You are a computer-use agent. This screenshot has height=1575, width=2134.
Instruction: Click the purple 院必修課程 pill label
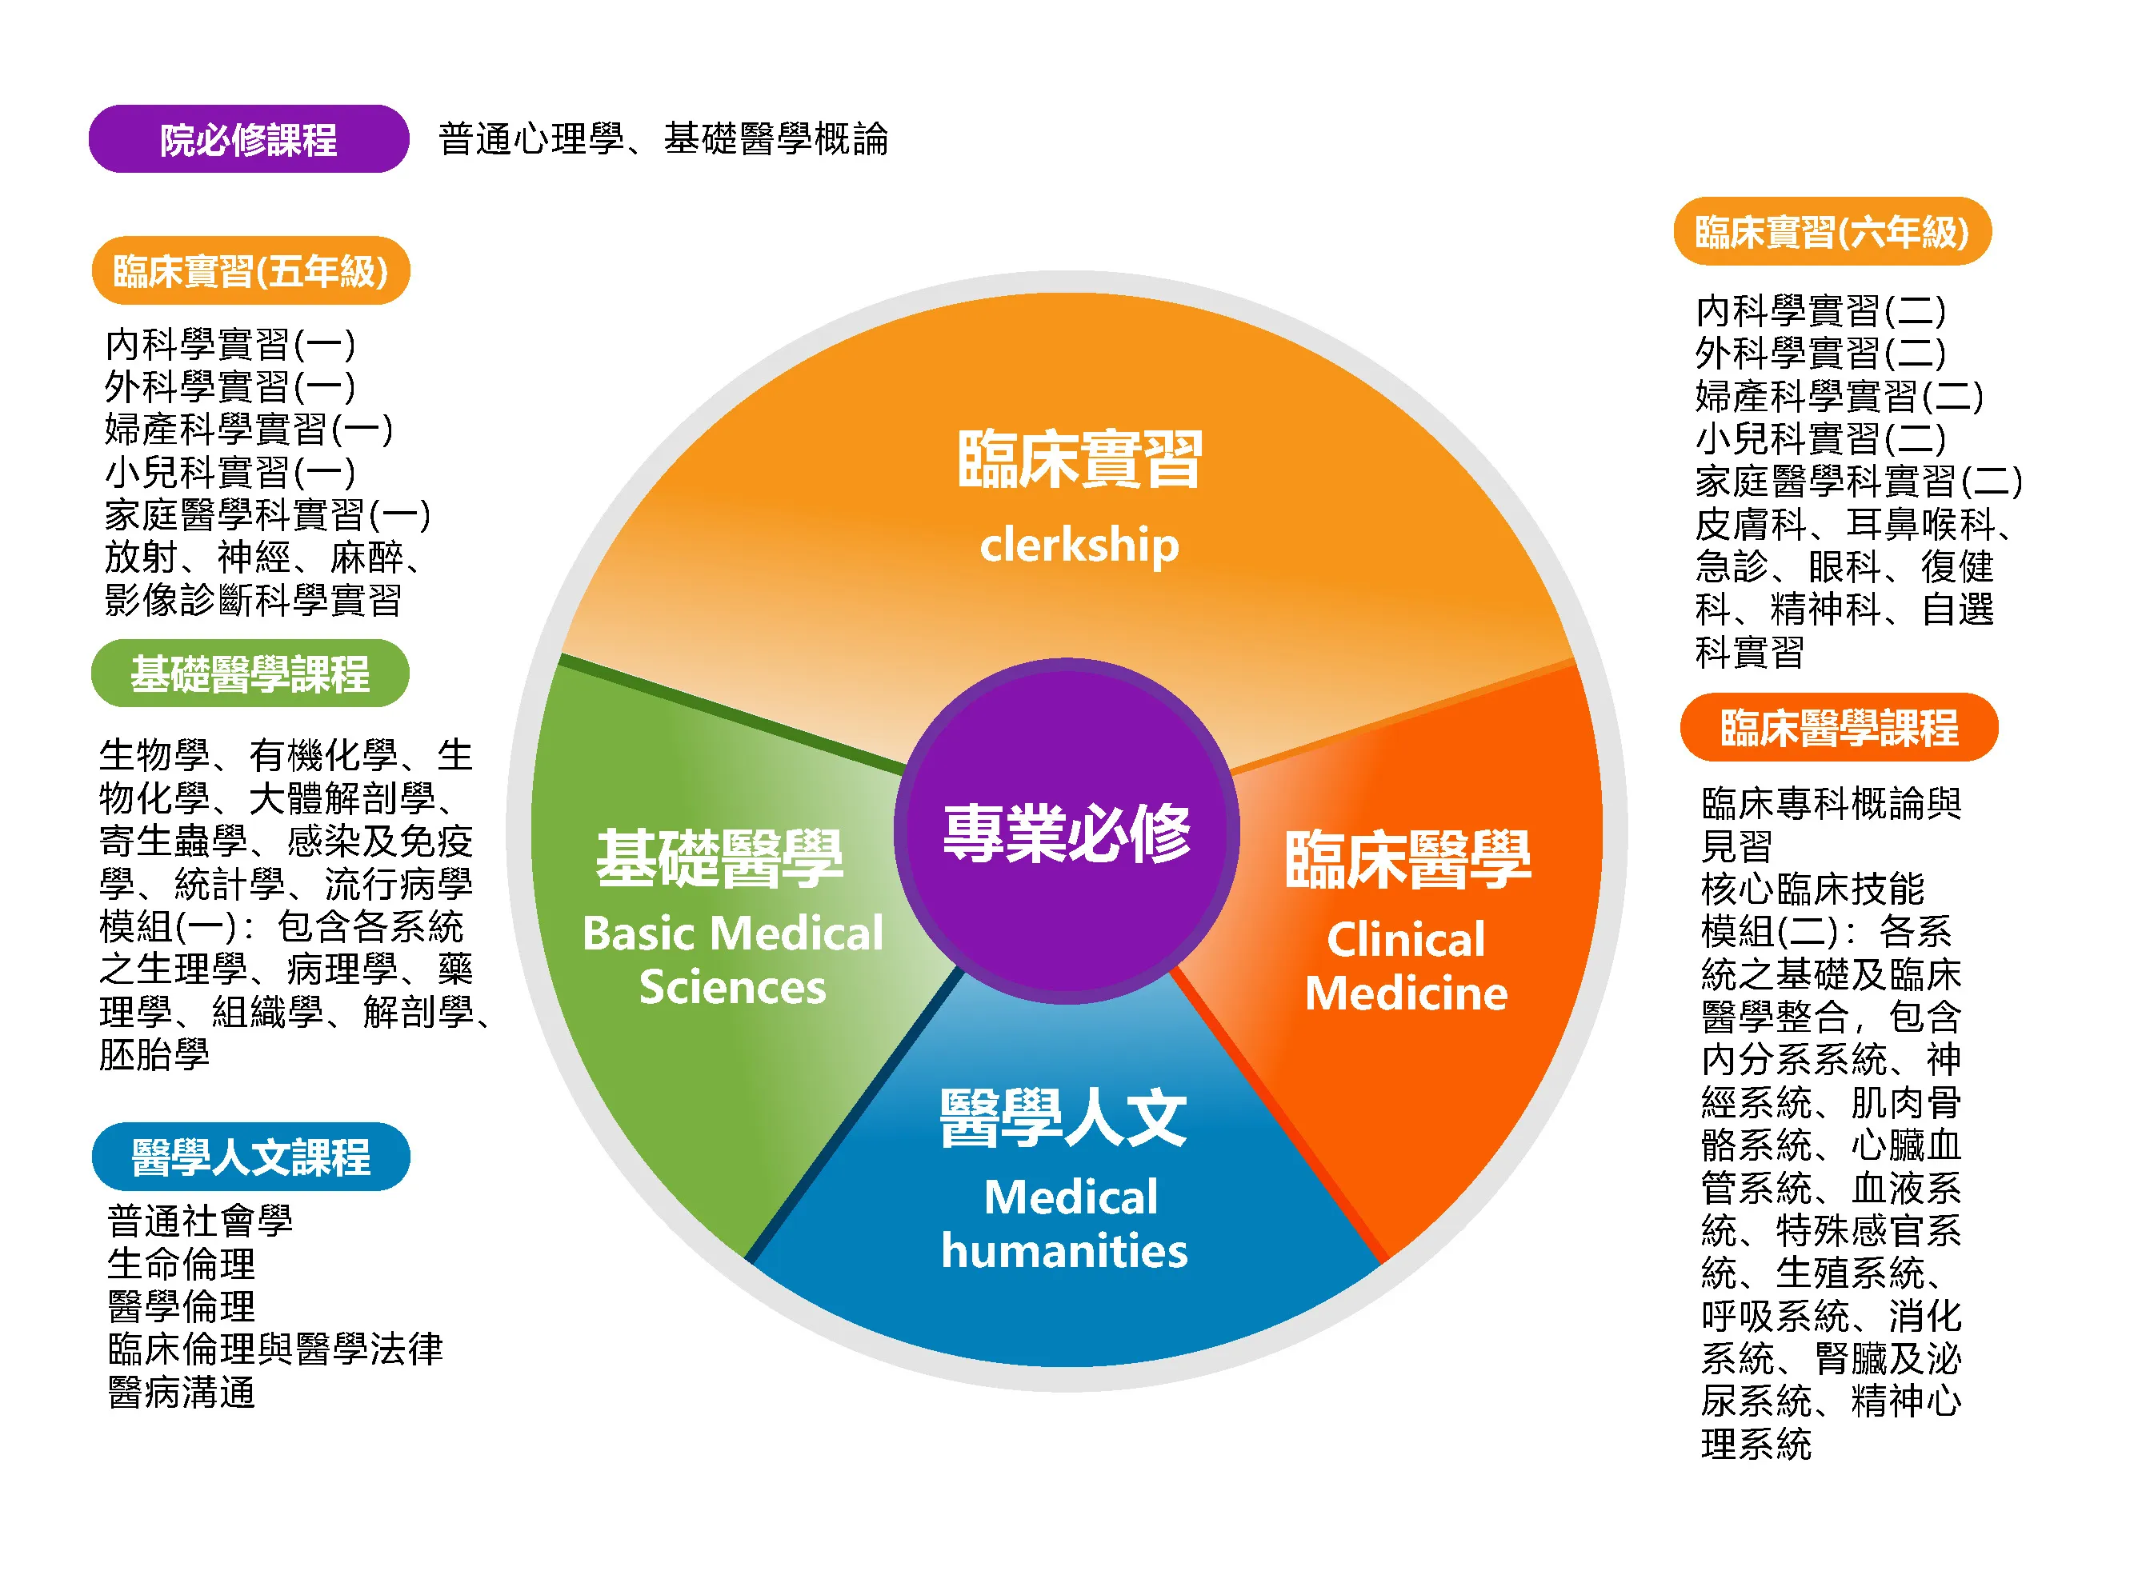click(x=249, y=139)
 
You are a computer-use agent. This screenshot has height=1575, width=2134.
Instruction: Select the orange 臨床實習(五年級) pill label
click(x=250, y=270)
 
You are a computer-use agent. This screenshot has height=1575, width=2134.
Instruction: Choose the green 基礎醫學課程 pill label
click(x=250, y=673)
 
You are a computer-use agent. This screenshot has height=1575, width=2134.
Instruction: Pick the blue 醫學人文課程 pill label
click(x=250, y=1157)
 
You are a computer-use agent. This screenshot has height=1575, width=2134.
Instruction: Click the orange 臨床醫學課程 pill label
click(x=1839, y=727)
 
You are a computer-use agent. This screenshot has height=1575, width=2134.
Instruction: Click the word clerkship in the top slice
click(x=1079, y=546)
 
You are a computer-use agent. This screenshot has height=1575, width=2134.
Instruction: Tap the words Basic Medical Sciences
click(x=732, y=959)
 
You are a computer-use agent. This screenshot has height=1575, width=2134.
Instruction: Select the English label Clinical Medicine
click(x=1407, y=965)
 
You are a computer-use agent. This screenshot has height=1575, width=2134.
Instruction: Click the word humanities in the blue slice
click(x=1064, y=1250)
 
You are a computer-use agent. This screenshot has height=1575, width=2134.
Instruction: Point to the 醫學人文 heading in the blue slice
click(x=1063, y=1118)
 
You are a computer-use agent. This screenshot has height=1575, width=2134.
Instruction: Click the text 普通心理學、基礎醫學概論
click(x=663, y=139)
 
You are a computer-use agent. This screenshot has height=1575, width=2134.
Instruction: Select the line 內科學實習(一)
click(x=230, y=344)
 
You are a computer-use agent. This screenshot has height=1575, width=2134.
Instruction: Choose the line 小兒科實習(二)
click(x=1820, y=438)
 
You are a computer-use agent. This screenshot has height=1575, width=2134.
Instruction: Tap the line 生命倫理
click(x=181, y=1264)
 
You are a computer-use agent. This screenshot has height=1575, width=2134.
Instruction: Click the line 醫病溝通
click(x=181, y=1393)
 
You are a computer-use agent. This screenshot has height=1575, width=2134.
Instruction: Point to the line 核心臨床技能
click(x=1812, y=889)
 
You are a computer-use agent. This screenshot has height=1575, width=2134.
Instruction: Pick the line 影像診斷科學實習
click(x=253, y=600)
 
